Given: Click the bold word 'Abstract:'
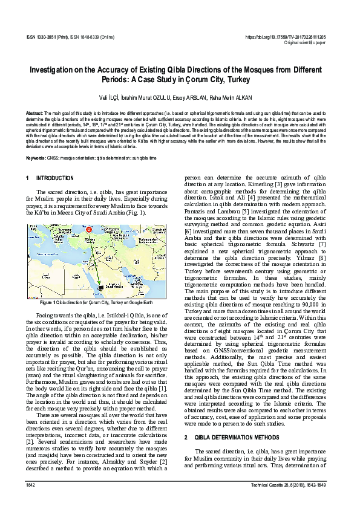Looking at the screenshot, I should [x=34, y=113].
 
